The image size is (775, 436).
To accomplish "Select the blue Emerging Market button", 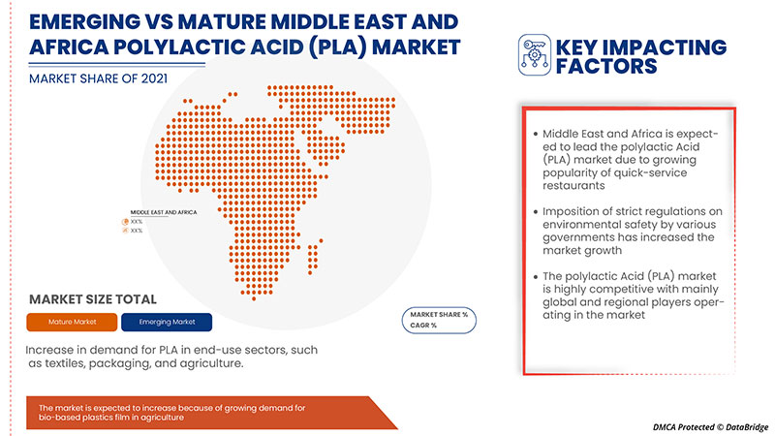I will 168,321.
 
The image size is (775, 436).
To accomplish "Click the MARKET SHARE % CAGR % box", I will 439,320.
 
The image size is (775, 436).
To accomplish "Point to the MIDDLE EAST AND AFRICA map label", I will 164,211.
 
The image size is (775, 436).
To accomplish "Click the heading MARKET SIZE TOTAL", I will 93,299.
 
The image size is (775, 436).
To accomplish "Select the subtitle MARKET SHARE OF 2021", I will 93,77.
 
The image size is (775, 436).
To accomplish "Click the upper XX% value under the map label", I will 137,221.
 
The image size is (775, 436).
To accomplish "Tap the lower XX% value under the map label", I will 137,231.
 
